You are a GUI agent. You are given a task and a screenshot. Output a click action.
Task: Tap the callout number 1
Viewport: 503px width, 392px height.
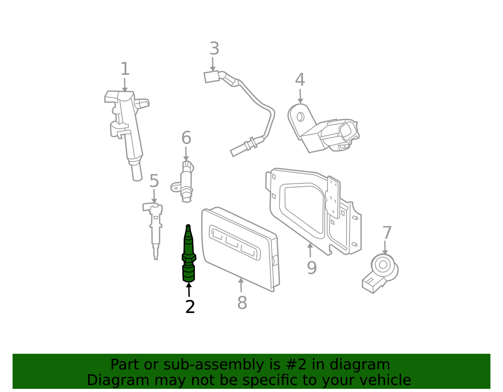click(125, 69)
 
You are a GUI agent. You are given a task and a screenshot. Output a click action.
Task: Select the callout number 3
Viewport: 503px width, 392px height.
click(214, 49)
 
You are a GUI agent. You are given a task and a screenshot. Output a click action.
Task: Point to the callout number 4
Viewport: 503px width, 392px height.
click(300, 80)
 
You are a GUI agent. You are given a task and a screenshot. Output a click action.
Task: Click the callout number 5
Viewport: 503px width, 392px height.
click(154, 181)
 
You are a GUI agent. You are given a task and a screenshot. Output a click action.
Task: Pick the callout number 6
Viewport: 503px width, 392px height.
click(186, 138)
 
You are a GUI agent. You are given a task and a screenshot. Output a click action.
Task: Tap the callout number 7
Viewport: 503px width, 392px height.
click(387, 233)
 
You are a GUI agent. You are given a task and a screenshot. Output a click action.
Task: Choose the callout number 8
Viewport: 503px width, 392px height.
click(242, 303)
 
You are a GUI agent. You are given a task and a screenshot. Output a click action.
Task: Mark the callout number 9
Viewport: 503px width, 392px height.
click(312, 268)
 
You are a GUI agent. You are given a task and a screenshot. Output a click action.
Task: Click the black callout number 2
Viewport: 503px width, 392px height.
click(190, 307)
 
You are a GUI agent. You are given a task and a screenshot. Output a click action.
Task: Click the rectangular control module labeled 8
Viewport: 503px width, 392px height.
click(240, 248)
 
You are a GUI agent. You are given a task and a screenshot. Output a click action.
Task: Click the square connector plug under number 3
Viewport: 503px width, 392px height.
click(212, 77)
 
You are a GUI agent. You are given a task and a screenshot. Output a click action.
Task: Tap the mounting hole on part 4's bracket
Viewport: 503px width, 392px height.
click(300, 117)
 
